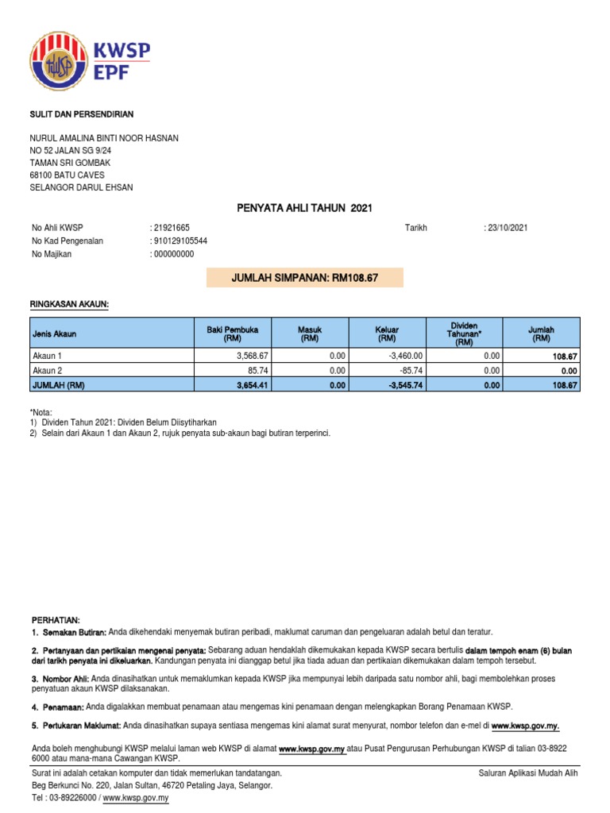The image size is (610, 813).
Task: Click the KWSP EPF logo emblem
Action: [x=60, y=61]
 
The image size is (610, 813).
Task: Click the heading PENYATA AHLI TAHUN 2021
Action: [x=304, y=208]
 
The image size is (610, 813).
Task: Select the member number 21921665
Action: [x=171, y=228]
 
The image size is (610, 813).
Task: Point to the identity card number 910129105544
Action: [x=181, y=241]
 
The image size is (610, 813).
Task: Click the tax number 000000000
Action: [x=174, y=254]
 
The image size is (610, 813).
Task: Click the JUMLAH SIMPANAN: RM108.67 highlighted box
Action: [x=304, y=278]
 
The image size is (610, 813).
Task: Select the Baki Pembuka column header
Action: [x=226, y=333]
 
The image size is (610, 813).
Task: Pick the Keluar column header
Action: [x=387, y=333]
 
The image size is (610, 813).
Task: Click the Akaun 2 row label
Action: [x=46, y=370]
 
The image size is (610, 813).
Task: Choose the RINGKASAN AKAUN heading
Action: [x=70, y=304]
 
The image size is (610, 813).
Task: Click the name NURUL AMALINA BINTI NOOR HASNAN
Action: [x=104, y=138]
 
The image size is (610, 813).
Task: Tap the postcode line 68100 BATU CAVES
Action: [x=68, y=175]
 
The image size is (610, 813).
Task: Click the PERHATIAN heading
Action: [x=56, y=619]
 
